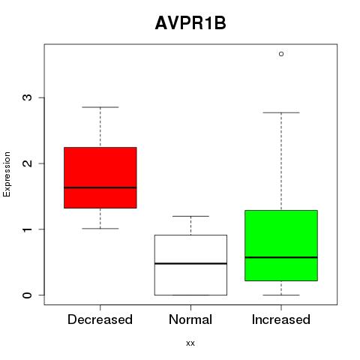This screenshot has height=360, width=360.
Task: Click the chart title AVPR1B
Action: (190, 23)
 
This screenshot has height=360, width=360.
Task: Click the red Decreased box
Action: (100, 178)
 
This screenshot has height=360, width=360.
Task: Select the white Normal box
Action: (190, 265)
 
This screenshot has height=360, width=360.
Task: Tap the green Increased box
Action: (281, 245)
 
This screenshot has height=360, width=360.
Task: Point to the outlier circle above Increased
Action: (281, 54)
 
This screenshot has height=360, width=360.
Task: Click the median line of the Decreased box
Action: (100, 187)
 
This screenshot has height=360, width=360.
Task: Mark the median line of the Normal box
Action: (190, 263)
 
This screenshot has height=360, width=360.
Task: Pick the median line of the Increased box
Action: (281, 257)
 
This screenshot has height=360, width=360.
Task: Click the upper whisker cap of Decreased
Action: (100, 107)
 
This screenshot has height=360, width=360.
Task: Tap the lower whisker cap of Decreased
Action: (100, 229)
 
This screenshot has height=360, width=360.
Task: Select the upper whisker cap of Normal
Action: (190, 216)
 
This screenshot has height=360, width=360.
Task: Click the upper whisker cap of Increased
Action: (281, 112)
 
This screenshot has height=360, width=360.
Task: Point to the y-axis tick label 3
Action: (28, 97)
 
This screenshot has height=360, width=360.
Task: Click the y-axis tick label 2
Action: (28, 163)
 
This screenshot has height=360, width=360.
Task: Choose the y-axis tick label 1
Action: (28, 229)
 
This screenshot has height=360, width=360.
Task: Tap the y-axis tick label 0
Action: (28, 295)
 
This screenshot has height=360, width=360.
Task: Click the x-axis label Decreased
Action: (100, 319)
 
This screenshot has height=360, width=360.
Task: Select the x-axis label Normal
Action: (190, 319)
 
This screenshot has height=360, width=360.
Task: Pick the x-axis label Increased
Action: (281, 319)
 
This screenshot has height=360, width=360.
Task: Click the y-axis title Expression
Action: (7, 174)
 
